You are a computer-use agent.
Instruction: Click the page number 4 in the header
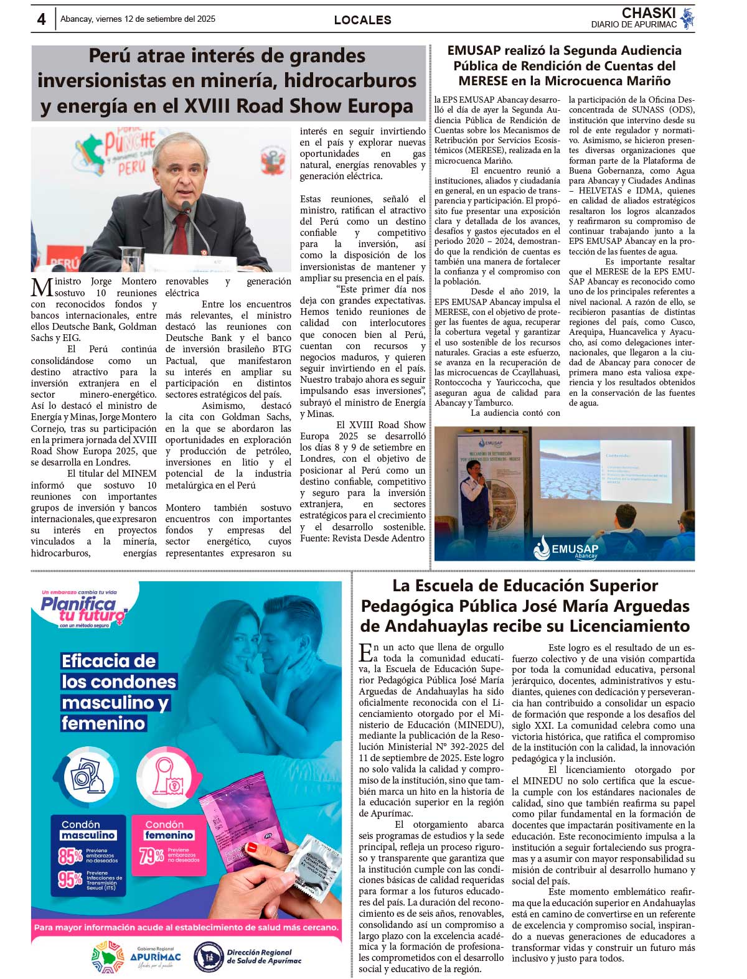click(41, 19)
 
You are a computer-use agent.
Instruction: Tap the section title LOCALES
click(362, 20)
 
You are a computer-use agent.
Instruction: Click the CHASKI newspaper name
click(649, 13)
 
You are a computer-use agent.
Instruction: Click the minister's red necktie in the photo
click(180, 233)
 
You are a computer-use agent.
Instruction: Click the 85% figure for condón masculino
click(70, 856)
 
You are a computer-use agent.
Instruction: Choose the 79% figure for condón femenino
click(151, 856)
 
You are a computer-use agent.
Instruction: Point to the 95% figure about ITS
click(70, 879)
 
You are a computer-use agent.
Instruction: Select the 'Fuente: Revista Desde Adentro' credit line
click(362, 538)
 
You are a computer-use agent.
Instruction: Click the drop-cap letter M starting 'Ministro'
click(42, 288)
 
